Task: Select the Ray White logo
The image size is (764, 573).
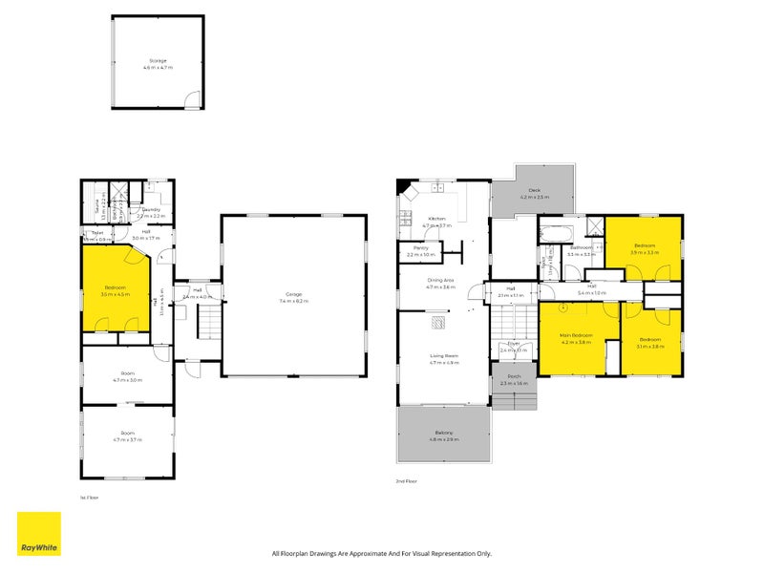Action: click(x=39, y=534)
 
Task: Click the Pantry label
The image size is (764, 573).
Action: click(x=421, y=250)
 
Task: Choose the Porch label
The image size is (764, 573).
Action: click(x=514, y=378)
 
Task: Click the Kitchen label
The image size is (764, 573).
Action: click(x=437, y=220)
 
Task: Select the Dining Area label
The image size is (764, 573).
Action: click(x=440, y=281)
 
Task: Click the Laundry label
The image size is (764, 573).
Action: click(x=150, y=212)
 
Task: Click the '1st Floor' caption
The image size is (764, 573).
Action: click(x=89, y=498)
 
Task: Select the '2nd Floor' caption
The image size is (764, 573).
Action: click(x=405, y=482)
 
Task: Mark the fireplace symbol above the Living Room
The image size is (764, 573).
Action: click(x=439, y=323)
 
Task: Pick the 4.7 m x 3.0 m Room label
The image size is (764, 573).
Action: click(x=128, y=376)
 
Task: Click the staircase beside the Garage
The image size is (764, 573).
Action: click(x=209, y=326)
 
